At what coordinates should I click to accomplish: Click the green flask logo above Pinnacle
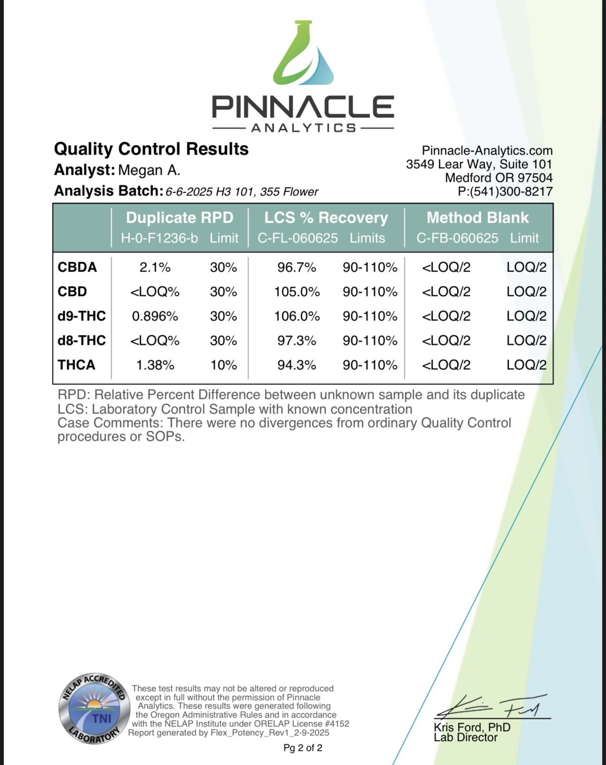coord(303,53)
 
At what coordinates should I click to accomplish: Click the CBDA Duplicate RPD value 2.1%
coord(155,267)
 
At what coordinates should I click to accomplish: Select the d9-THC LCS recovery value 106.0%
coord(297,316)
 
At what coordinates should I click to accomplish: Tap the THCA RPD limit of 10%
coord(224,365)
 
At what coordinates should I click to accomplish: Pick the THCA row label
coord(77,365)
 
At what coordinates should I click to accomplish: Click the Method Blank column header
coord(478,218)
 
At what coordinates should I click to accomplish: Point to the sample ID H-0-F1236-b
coord(159,238)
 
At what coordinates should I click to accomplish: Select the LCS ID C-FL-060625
coord(297,238)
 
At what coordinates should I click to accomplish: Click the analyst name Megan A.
coord(149,170)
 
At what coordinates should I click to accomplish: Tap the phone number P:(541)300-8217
coord(505,191)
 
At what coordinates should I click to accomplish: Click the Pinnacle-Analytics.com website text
coord(487,151)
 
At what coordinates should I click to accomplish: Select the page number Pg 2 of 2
coord(303,748)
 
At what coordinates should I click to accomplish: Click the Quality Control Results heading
coord(151,149)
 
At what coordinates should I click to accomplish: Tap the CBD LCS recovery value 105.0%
coord(297,292)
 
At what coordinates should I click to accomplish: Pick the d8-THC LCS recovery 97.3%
coord(297,341)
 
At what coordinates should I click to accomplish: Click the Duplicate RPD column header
coord(179,218)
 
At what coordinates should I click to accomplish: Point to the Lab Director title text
coord(466,737)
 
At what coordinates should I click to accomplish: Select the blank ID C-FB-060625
coord(458,238)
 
